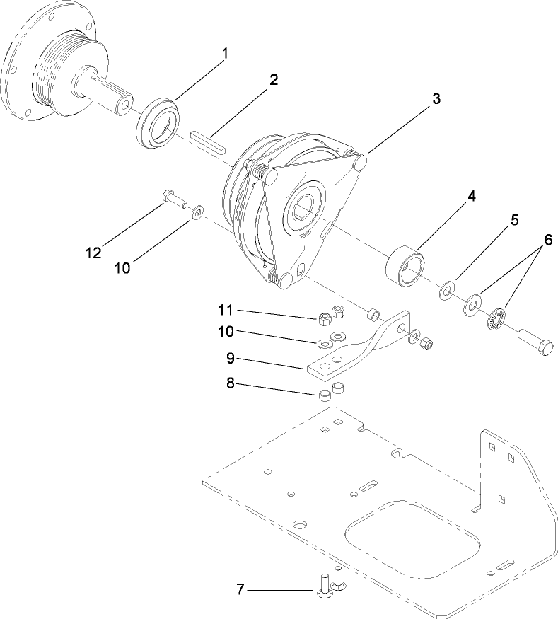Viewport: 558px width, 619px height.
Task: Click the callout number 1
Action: click(x=226, y=54)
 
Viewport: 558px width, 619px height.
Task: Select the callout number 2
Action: click(x=273, y=79)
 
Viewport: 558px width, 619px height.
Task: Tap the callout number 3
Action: click(x=436, y=99)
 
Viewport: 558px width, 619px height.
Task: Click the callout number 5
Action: click(x=515, y=220)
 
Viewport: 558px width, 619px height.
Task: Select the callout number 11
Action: click(x=225, y=309)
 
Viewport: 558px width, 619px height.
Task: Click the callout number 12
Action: click(x=93, y=252)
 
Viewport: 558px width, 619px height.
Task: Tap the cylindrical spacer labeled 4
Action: click(x=406, y=267)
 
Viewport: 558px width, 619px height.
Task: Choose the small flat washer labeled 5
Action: click(x=448, y=291)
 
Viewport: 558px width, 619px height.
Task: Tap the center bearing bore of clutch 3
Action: click(x=304, y=210)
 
